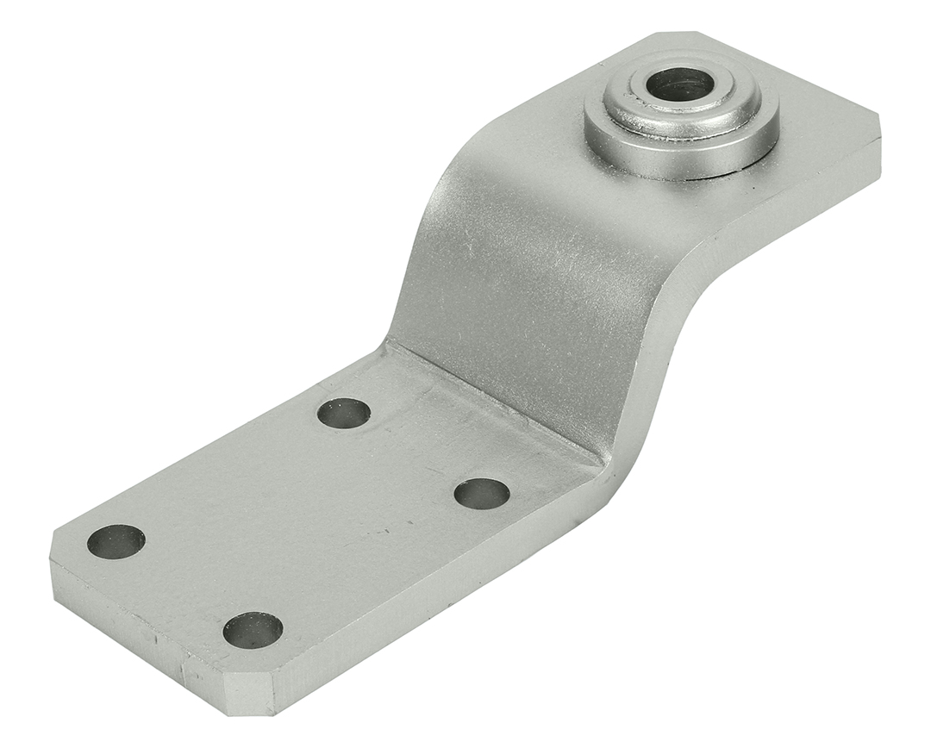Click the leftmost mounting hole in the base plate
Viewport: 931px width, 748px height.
pyautogui.click(x=116, y=541)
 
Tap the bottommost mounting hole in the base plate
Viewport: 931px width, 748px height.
pyautogui.click(x=253, y=630)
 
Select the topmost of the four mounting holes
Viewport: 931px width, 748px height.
pyautogui.click(x=344, y=414)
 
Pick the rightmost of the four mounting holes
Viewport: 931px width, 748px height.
pyautogui.click(x=482, y=494)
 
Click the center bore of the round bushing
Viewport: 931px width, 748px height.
pyautogui.click(x=680, y=84)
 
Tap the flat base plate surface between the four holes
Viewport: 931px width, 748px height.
pyautogui.click(x=302, y=517)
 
